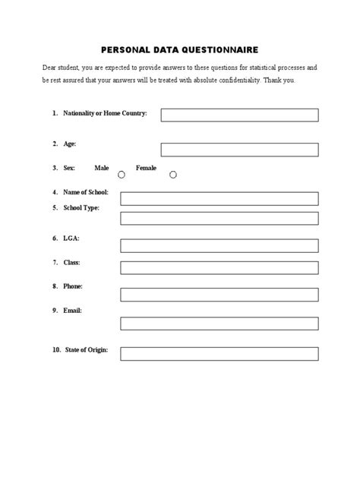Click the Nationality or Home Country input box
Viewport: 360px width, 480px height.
[239, 115]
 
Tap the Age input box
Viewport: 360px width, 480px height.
[239, 149]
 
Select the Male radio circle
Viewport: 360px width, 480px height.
[122, 175]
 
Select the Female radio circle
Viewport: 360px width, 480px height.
[173, 175]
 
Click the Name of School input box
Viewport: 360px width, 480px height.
[219, 199]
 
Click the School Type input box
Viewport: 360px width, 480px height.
[219, 219]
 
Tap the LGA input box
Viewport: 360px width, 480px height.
[219, 245]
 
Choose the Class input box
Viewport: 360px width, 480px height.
[219, 270]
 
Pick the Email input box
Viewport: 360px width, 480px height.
[219, 323]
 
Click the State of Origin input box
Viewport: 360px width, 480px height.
[219, 353]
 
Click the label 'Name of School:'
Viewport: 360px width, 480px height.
[86, 192]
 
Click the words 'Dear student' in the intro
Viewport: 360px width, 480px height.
[61, 68]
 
